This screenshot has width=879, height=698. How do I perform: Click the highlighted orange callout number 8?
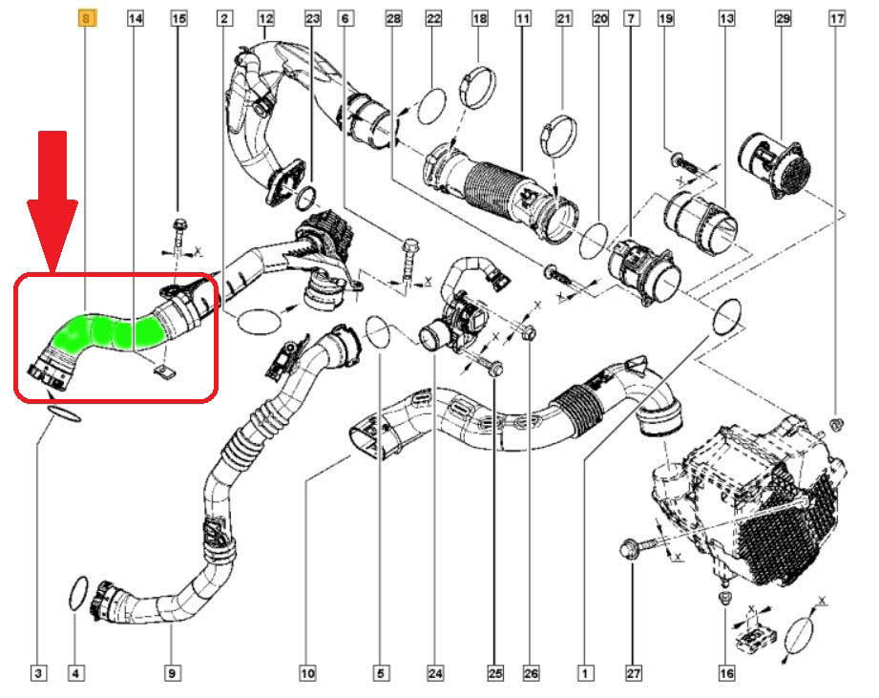[86, 19]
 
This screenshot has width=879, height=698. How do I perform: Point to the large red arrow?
[52, 201]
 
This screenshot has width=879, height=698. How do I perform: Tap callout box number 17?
[836, 19]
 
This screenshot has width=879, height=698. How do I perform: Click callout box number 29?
[783, 19]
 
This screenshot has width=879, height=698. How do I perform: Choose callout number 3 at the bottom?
[38, 672]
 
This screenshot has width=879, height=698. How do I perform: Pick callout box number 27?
[633, 672]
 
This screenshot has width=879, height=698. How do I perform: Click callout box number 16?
[726, 672]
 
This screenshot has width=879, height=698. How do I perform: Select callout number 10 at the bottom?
[307, 672]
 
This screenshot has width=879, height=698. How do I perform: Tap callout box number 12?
[265, 19]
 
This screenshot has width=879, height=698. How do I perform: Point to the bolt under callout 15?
[179, 233]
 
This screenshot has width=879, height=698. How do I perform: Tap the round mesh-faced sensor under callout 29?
[775, 164]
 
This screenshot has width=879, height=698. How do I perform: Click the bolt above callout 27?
[640, 545]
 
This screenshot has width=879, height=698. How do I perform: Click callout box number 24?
[435, 672]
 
